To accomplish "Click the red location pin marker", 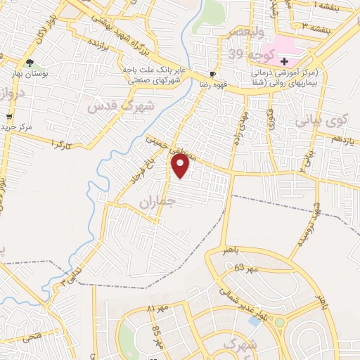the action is (x=181, y=165).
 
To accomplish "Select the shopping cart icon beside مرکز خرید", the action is (x=8, y=116).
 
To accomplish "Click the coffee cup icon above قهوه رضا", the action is (x=212, y=74).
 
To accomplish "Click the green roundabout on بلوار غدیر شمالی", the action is (x=280, y=323).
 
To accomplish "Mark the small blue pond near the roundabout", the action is (x=253, y=321).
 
